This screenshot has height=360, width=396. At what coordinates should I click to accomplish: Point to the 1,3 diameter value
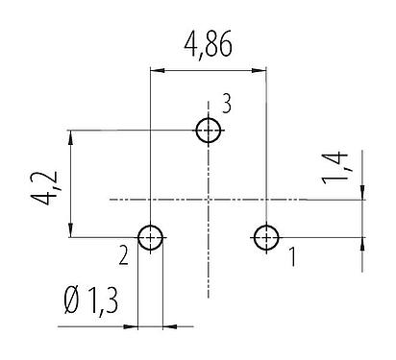(x=104, y=306)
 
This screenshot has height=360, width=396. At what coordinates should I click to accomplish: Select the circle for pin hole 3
(x=209, y=131)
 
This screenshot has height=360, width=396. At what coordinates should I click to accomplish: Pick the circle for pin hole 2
(x=151, y=237)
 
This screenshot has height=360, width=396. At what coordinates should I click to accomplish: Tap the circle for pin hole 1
(x=265, y=237)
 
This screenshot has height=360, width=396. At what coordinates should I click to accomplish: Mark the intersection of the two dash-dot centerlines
(x=209, y=200)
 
